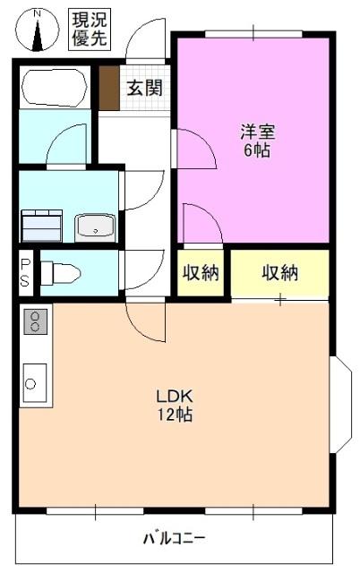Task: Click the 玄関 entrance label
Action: point(143,88)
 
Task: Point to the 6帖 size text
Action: point(257,150)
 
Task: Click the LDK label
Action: point(175,397)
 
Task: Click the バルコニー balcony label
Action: point(175,539)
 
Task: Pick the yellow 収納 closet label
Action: point(280,273)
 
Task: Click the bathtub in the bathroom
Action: point(55,88)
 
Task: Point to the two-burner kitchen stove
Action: point(37,321)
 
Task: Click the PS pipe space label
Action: point(25,272)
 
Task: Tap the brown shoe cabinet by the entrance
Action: point(109,88)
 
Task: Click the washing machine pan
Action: point(42,225)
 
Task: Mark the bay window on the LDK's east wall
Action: point(341,404)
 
